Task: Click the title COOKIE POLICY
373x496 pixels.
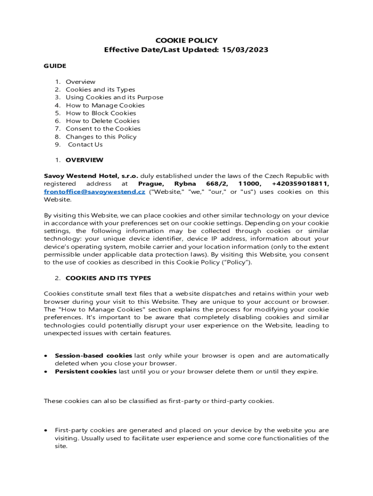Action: click(186, 41)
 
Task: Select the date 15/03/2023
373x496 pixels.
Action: click(246, 50)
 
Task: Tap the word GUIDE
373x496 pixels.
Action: click(55, 66)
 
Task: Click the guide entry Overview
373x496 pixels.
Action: click(80, 82)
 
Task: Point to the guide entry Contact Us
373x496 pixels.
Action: click(85, 144)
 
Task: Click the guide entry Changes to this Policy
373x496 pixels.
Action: click(101, 137)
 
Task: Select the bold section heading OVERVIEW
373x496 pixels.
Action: click(84, 160)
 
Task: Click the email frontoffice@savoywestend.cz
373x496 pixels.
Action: click(94, 192)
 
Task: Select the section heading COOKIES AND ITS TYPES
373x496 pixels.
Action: click(108, 278)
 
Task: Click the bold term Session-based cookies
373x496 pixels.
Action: click(93, 356)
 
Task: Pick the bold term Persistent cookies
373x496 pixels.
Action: click(86, 372)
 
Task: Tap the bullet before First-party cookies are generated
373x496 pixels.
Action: click(46, 430)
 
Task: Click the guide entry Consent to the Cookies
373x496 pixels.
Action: click(103, 129)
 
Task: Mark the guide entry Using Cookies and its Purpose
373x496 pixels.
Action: click(114, 97)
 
